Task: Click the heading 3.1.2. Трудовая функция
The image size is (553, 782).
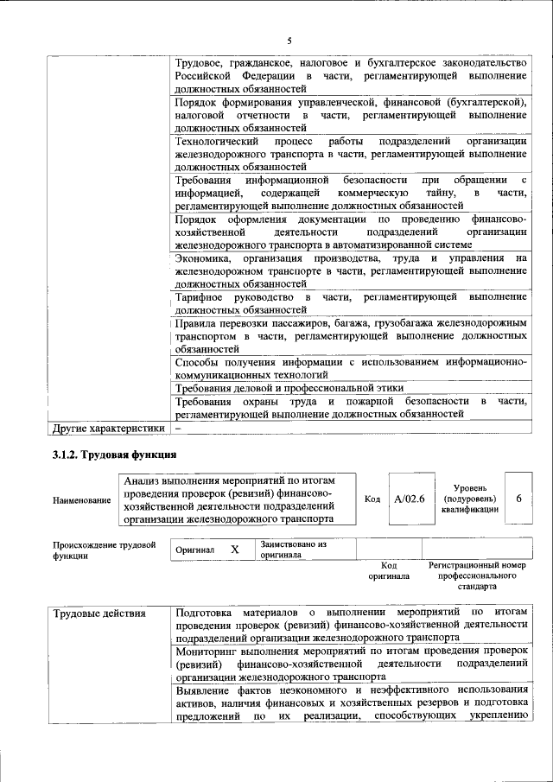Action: coord(115,455)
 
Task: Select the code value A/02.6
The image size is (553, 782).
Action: coord(409,499)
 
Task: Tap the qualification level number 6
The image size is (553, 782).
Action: coord(518,499)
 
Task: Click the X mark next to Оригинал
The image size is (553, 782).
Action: coord(234,550)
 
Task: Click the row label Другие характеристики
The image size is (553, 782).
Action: coord(107,427)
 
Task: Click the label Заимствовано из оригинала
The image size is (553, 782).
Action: coord(293,550)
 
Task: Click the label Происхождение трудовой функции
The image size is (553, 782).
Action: coord(104,550)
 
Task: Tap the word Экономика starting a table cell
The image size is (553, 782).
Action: coord(202,257)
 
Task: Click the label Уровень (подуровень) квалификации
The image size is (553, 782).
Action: coord(470,499)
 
